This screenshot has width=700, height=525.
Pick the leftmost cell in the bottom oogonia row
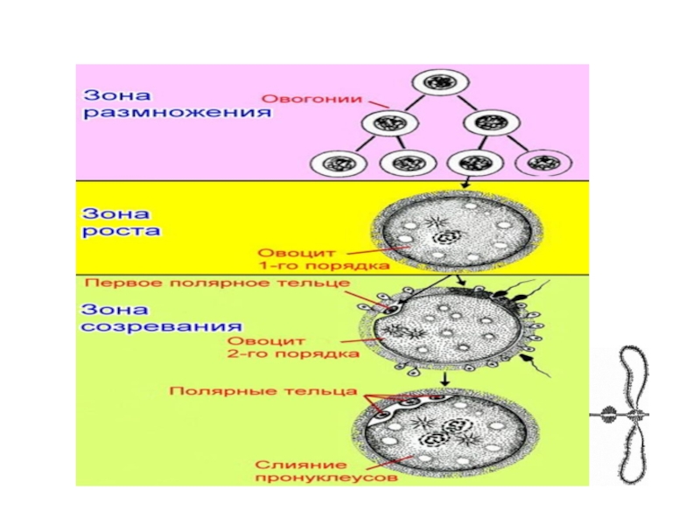point(336,163)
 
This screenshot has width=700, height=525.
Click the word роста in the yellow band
point(122,232)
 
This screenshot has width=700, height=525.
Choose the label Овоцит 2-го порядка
point(294,347)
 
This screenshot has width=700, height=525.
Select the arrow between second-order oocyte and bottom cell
point(445,379)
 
